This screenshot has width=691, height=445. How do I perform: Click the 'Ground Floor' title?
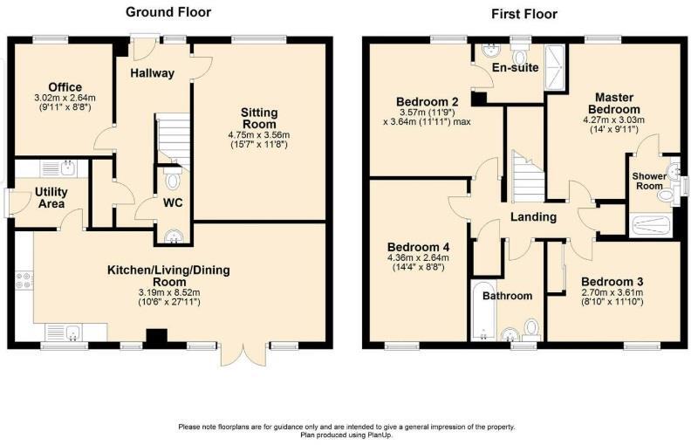click(168, 12)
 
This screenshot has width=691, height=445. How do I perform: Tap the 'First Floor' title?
click(524, 14)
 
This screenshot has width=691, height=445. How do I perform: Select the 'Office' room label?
click(65, 86)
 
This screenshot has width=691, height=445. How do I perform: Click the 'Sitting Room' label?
click(259, 119)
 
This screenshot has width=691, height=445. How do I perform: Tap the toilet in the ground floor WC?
click(171, 180)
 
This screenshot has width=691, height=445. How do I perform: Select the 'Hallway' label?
click(151, 72)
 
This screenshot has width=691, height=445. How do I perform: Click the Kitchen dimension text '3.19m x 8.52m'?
click(168, 292)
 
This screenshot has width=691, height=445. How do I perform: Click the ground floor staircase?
click(174, 138)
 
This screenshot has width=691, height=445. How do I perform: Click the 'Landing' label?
click(534, 216)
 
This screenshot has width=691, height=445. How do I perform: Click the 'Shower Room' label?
click(649, 181)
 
